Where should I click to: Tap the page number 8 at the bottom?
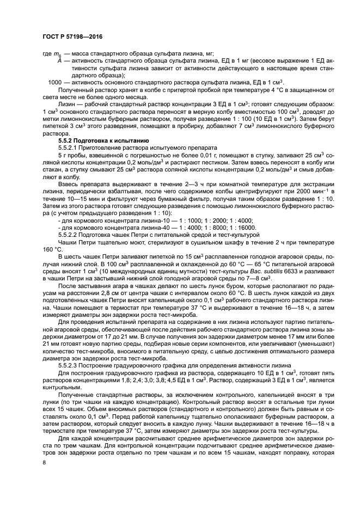(45, 462)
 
